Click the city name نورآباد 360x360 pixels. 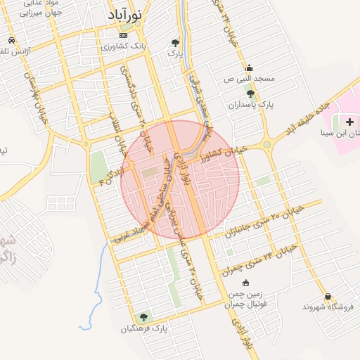click(127, 15)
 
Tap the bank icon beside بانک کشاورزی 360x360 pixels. click(124, 35)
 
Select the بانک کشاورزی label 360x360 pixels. click(124, 46)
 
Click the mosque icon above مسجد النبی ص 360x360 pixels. click(249, 68)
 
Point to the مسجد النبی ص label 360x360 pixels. click(249, 79)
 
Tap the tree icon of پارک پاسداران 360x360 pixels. click(250, 94)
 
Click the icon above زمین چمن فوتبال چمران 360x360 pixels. click(245, 283)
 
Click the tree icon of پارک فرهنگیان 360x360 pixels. click(145, 317)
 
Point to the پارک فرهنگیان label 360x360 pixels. click(145, 328)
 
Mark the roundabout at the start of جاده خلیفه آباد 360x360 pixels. click(267, 146)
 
